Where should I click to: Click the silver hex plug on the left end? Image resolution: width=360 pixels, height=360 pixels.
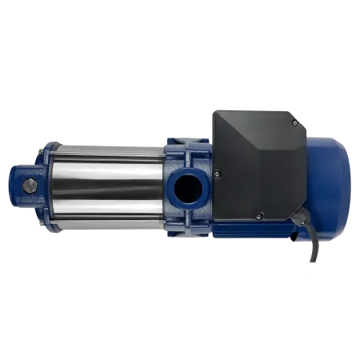(30, 186)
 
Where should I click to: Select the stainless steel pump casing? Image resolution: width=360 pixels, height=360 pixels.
(104, 172)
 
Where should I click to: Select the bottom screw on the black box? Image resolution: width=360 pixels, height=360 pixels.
(258, 214)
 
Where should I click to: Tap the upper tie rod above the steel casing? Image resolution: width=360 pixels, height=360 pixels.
(104, 146)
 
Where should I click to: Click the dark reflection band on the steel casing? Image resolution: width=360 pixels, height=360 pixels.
(104, 188)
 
